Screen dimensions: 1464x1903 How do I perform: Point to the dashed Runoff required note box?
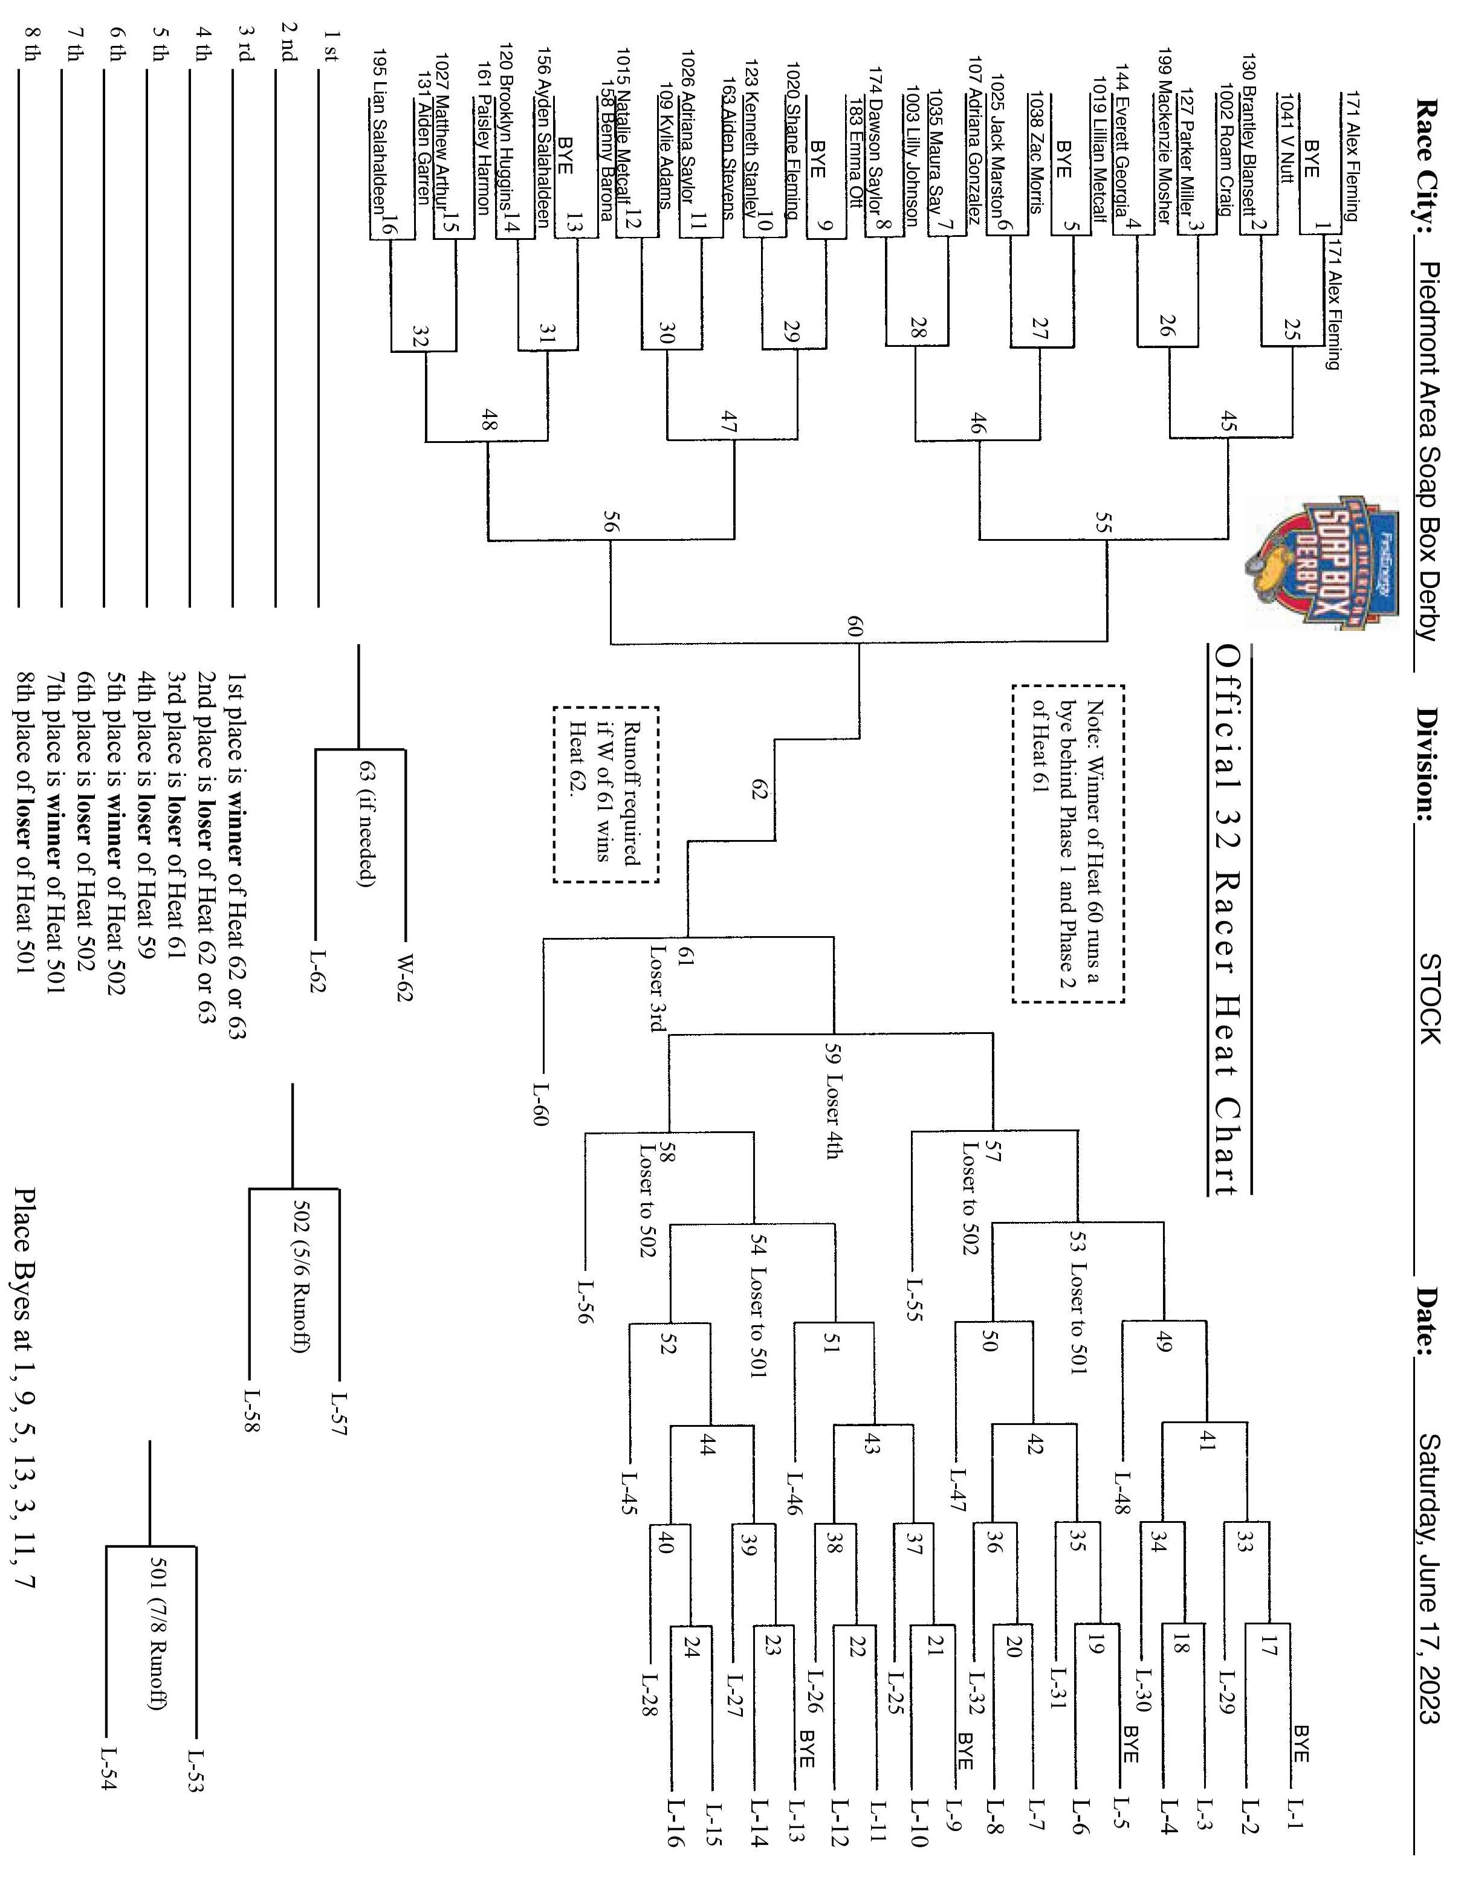(606, 794)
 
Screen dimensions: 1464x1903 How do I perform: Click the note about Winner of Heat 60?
(1067, 842)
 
